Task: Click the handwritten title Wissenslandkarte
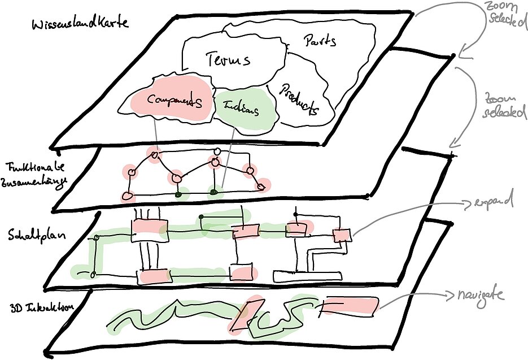point(80,24)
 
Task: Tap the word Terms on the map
point(228,59)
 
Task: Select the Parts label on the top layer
point(320,41)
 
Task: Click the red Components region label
point(174,101)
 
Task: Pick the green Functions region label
point(241,108)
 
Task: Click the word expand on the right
point(495,202)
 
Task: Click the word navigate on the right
point(480,294)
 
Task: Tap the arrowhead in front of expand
point(467,204)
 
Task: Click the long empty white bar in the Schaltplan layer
point(308,276)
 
